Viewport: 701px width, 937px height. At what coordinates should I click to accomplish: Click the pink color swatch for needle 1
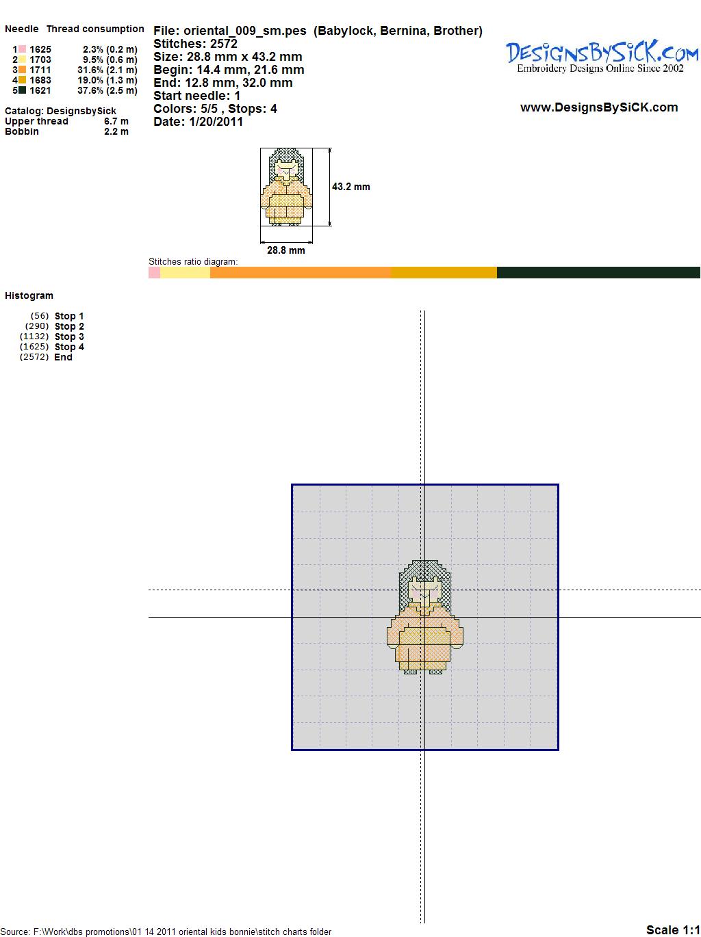click(x=22, y=49)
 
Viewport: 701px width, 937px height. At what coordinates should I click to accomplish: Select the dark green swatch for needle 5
click(x=22, y=90)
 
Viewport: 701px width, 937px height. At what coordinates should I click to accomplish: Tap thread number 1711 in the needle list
click(x=40, y=70)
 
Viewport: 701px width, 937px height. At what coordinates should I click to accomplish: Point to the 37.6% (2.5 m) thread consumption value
click(x=107, y=90)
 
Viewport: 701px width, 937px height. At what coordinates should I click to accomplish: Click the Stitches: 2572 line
click(x=195, y=44)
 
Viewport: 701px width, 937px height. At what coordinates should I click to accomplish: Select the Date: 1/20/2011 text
click(x=199, y=122)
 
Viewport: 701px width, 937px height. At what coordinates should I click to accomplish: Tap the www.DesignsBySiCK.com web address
click(x=599, y=107)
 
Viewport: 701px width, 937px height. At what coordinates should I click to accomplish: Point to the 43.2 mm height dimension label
click(x=350, y=187)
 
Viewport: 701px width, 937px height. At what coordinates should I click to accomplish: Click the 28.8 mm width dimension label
click(x=285, y=250)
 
